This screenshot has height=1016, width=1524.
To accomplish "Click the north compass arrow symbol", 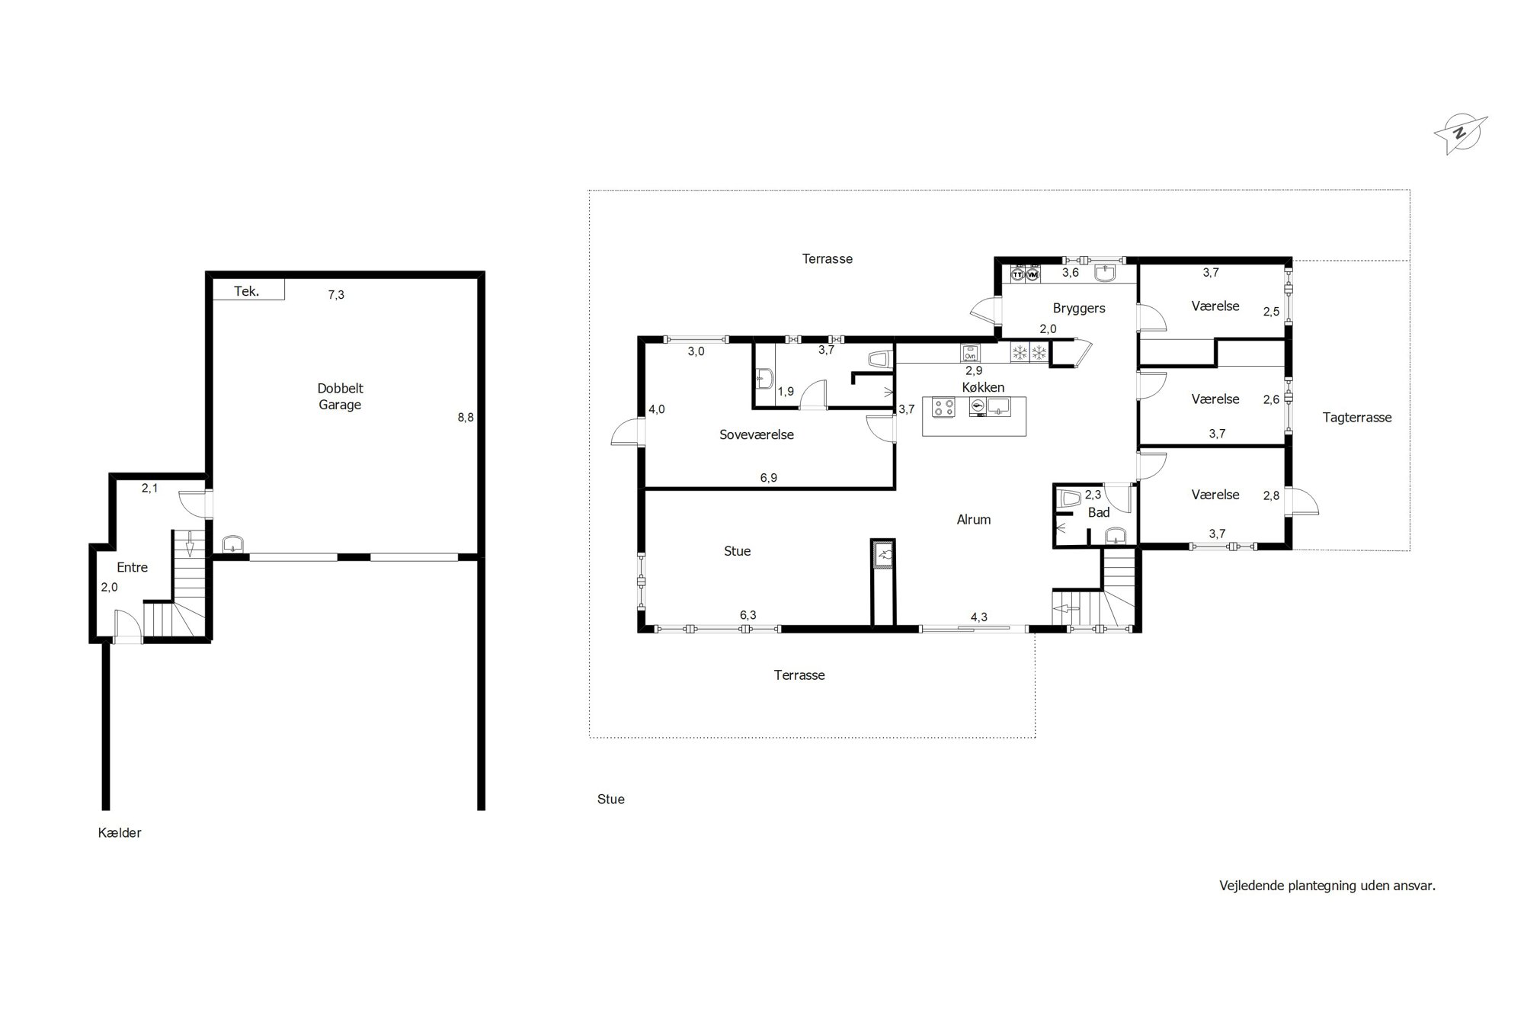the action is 1461,135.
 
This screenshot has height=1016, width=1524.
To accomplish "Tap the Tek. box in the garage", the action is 248,290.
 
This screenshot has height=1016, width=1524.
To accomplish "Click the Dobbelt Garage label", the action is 340,396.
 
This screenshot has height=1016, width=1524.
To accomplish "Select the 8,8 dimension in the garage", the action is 466,417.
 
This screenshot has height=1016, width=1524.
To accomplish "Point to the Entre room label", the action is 132,567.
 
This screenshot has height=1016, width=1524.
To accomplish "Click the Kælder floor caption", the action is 120,832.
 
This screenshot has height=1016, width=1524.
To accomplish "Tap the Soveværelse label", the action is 757,434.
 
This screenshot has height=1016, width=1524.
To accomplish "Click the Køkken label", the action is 983,387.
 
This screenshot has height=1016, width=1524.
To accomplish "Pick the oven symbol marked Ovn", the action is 970,353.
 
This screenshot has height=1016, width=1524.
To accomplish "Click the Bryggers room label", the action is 1079,309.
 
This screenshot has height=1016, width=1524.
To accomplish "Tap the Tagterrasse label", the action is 1357,418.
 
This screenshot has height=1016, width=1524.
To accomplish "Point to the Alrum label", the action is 974,520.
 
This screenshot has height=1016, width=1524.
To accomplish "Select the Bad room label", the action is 1099,513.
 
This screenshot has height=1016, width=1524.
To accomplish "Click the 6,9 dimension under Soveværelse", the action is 769,478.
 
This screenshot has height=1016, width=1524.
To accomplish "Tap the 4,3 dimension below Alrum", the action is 979,617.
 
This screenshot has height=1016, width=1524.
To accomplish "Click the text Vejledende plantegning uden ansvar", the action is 1327,886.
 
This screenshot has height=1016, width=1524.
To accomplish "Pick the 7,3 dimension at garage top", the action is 336,295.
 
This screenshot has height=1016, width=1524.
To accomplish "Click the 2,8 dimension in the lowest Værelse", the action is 1271,495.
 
